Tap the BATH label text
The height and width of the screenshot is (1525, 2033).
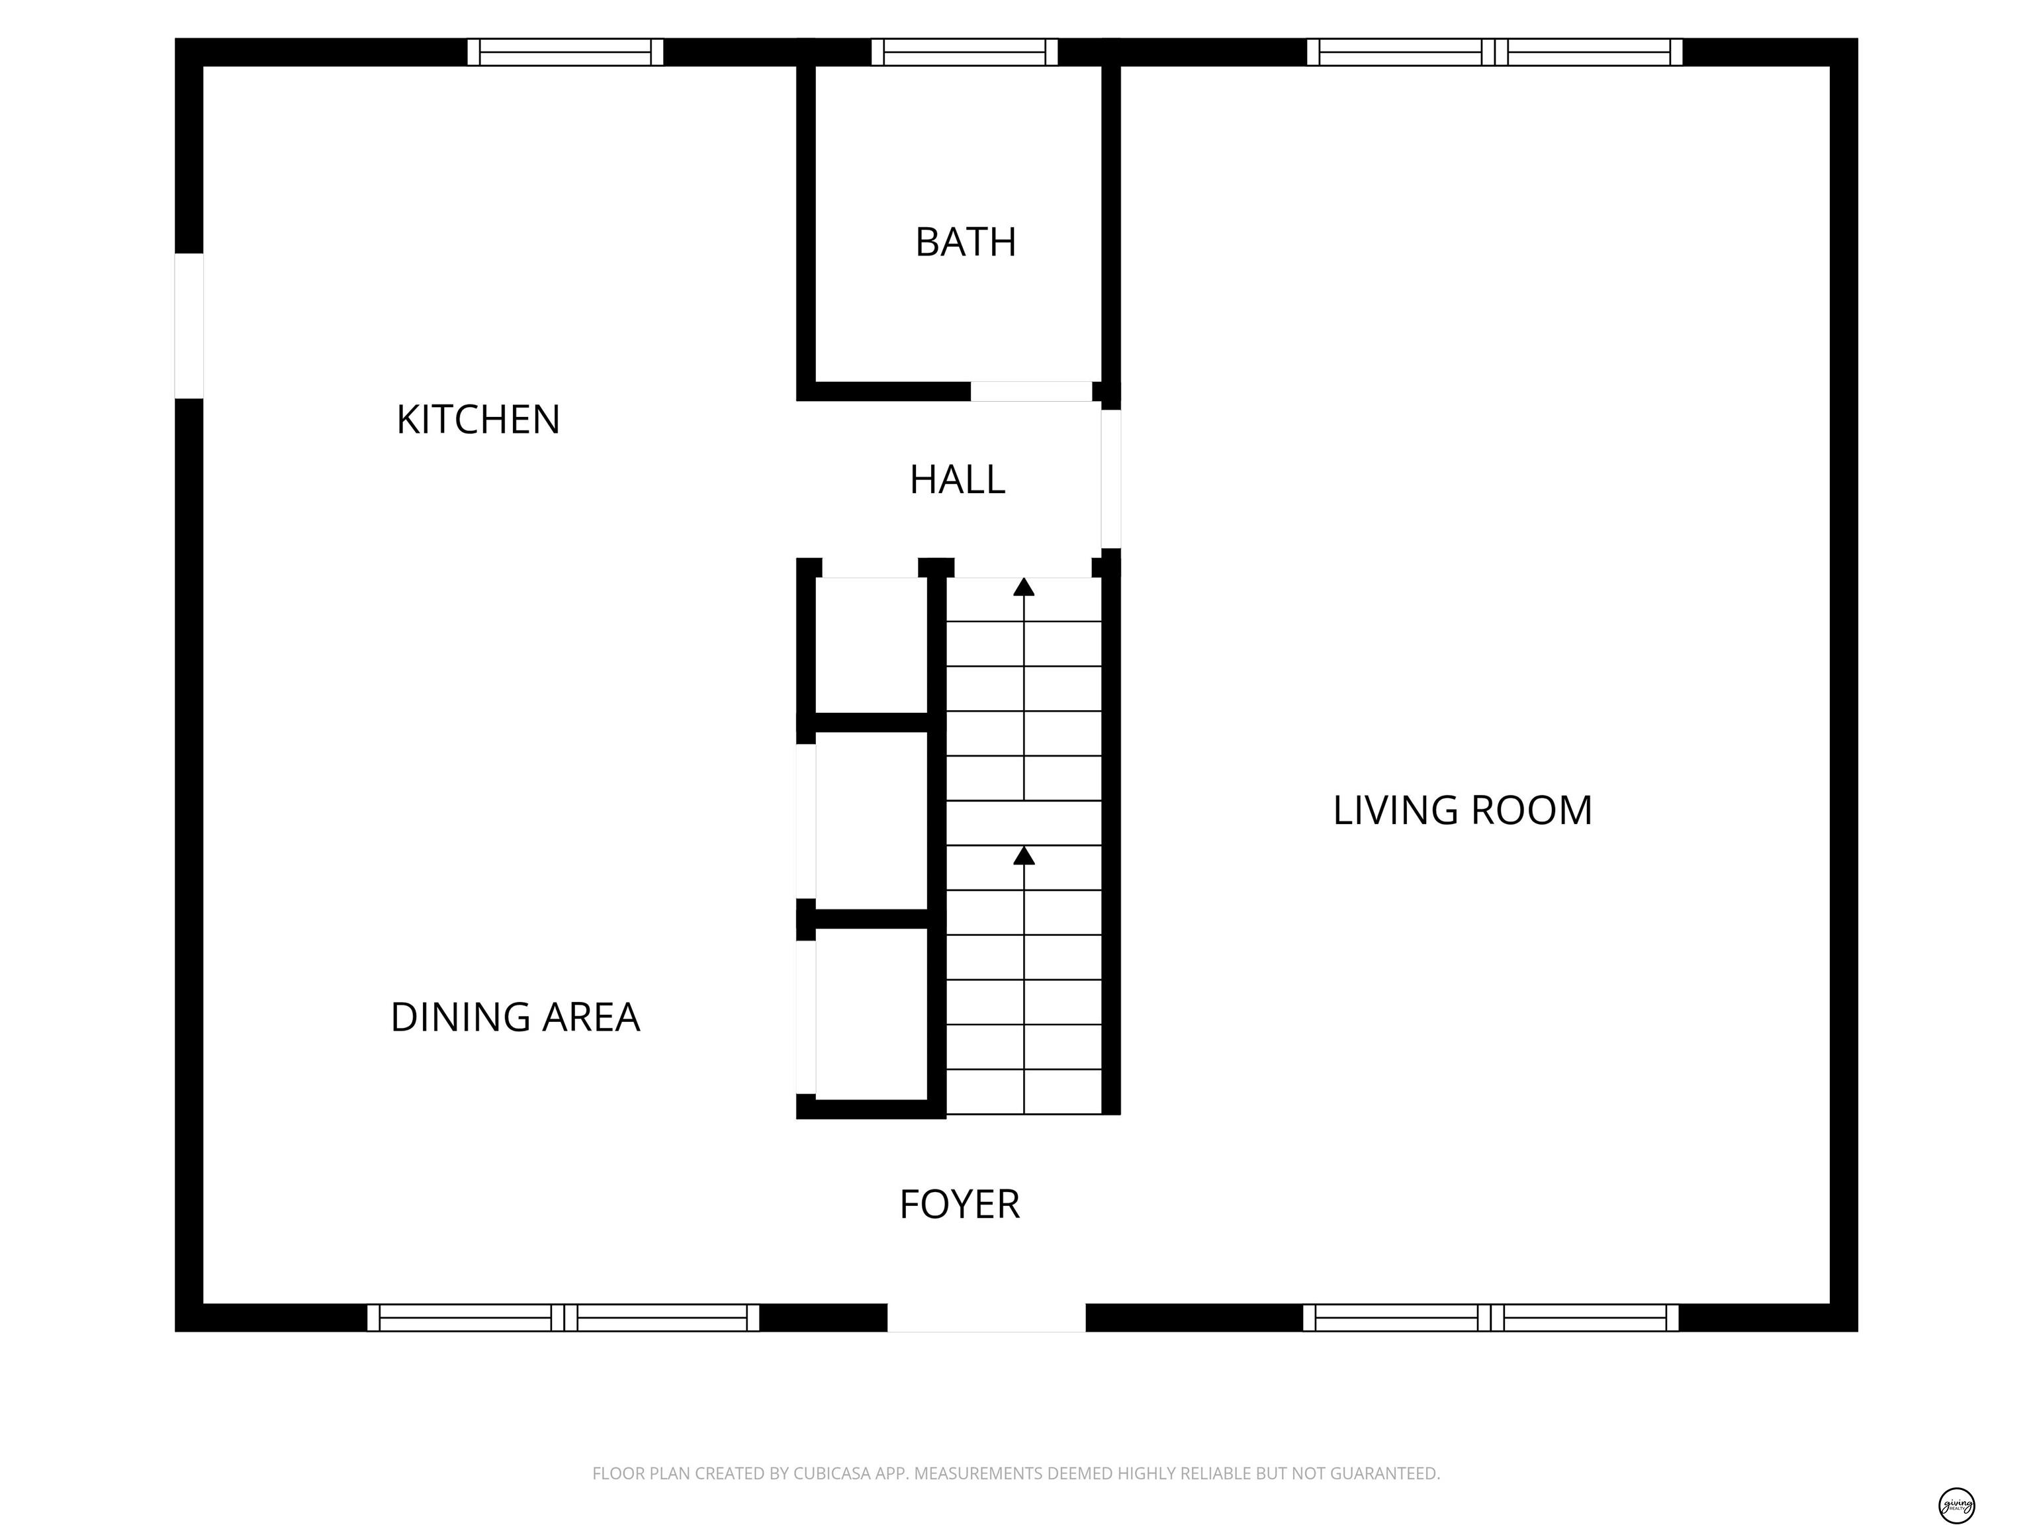pos(966,242)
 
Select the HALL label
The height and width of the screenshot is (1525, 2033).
pos(958,479)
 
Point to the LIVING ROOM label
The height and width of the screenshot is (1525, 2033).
pos(1463,810)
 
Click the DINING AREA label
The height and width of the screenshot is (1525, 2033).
pos(516,1017)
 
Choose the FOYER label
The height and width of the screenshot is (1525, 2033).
pos(960,1204)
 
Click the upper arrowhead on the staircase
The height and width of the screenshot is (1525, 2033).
pos(1024,586)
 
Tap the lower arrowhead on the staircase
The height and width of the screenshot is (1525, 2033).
pos(1024,855)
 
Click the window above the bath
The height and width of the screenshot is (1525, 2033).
pos(965,52)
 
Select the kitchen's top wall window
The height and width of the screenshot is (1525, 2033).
pos(565,52)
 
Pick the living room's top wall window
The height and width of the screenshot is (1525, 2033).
pos(1494,52)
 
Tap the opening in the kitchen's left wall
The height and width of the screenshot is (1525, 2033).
pos(189,326)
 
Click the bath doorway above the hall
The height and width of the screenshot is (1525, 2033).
pos(1031,392)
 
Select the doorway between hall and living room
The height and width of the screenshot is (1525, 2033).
pos(1111,479)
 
